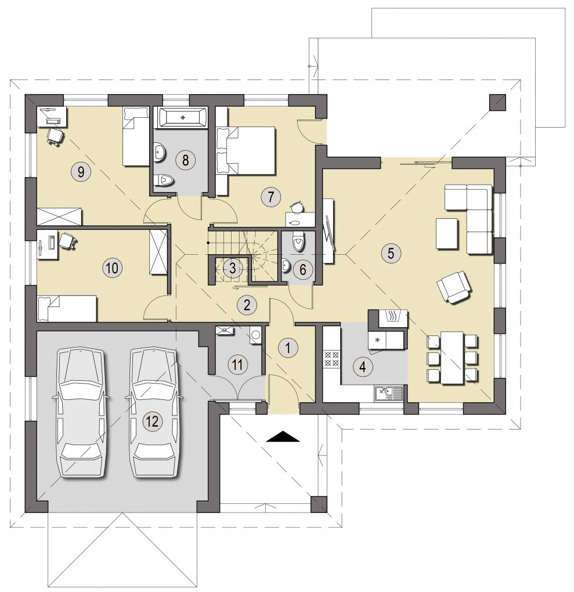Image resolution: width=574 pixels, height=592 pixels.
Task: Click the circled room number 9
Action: click(81, 172)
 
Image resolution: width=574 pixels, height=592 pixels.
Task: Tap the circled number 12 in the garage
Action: click(153, 421)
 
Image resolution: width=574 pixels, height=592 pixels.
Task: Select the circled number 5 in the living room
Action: click(391, 252)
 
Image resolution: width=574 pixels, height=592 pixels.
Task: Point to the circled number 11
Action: click(237, 364)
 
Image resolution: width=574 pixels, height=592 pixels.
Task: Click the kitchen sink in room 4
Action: click(389, 393)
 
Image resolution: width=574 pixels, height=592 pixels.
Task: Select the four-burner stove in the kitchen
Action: click(331, 359)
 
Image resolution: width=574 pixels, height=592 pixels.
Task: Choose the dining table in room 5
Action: click(452, 357)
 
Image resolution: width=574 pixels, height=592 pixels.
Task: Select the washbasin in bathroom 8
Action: click(160, 152)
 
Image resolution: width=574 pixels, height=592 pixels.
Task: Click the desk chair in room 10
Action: click(68, 240)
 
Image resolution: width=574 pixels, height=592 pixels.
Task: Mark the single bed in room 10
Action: click(67, 308)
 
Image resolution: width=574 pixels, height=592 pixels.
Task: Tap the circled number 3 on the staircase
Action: click(232, 268)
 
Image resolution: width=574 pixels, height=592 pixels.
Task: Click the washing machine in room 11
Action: click(255, 335)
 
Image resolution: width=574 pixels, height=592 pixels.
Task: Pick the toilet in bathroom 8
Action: click(164, 181)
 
